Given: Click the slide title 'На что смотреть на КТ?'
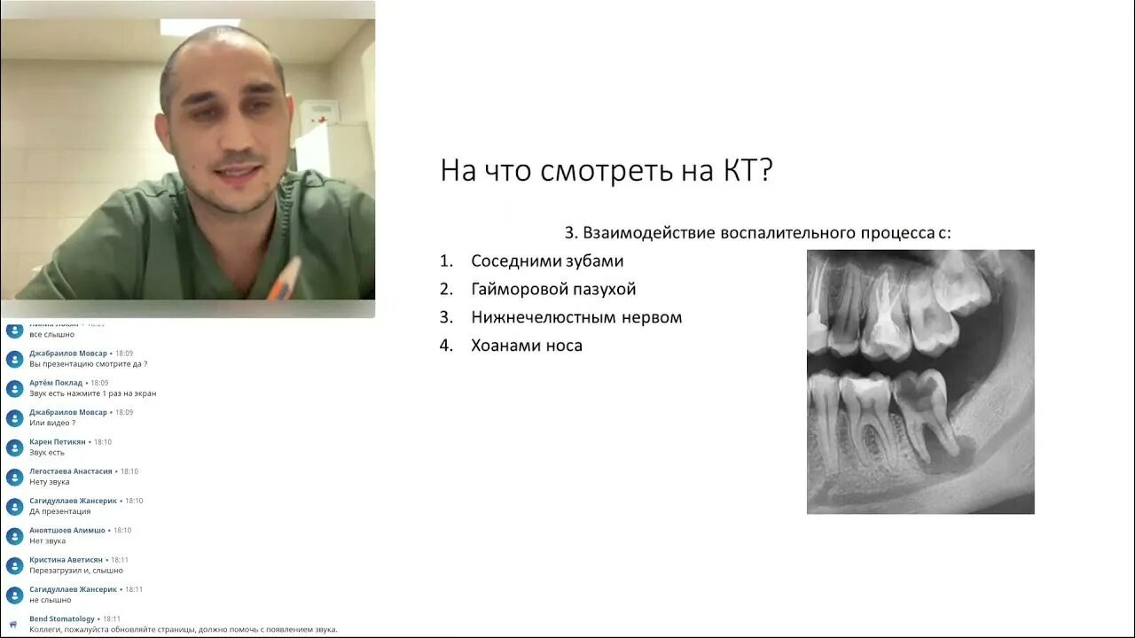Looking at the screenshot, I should pos(607,170).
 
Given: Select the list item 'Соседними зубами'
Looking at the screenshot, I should pos(547,261).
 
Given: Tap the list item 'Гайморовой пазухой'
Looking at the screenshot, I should pos(553,290).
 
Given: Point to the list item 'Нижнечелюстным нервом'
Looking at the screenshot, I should pos(576,317).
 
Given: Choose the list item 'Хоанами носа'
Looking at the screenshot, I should pos(527,346).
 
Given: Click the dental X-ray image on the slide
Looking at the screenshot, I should pos(920,381).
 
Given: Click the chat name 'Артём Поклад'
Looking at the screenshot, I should pos(56,383).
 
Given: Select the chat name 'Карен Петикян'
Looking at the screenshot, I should pos(58,441).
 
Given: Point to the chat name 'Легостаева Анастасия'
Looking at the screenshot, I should pos(71,471).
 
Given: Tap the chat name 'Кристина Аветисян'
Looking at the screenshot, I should pos(66,560).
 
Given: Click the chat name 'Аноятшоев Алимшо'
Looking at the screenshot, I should pos(67,530).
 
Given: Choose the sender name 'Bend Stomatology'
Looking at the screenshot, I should pos(62,619).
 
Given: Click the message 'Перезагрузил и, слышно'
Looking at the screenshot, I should pos(76,571).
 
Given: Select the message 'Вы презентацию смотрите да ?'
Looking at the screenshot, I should pos(89,364).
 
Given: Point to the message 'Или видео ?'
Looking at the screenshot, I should pos(52,423).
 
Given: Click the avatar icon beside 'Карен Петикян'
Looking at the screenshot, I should pos(15,447).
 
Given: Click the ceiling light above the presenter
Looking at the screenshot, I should pos(200,26).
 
